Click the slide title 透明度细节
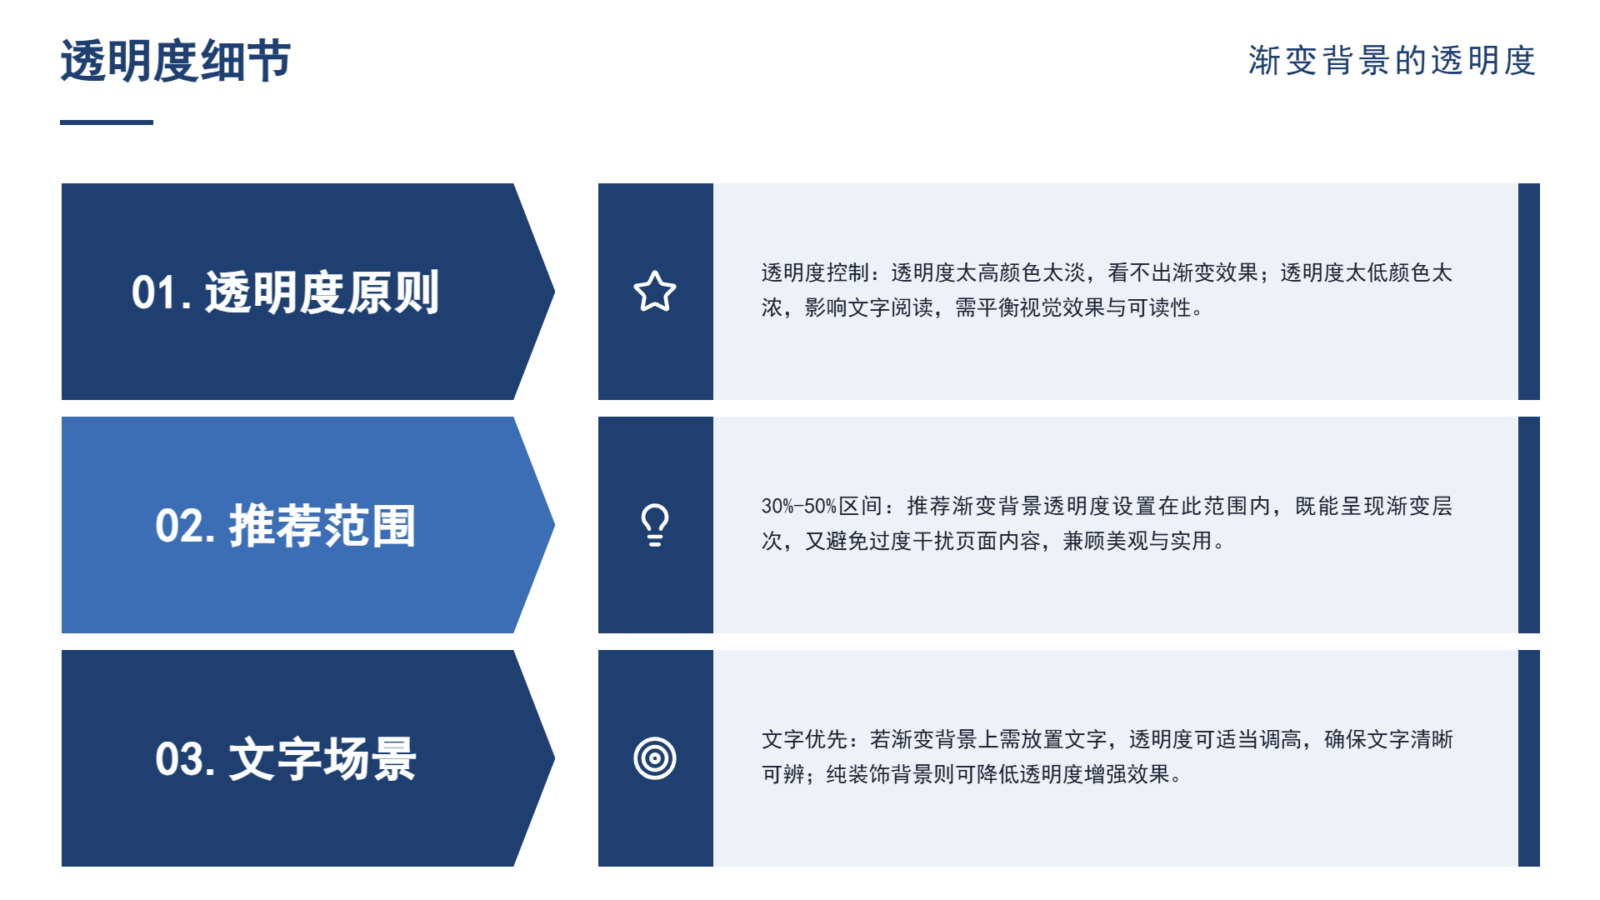[x=176, y=61]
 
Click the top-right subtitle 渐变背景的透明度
[x=1392, y=61]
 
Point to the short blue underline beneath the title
[x=107, y=122]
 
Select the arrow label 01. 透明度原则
[x=285, y=292]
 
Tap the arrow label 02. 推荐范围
[x=285, y=526]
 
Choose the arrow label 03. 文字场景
[x=285, y=759]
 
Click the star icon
[x=655, y=292]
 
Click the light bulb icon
[x=655, y=525]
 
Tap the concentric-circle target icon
[x=655, y=758]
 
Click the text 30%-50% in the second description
[x=798, y=506]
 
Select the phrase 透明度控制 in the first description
[x=814, y=272]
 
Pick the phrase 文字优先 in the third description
[x=804, y=739]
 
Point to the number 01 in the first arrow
[x=154, y=293]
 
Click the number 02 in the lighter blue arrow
[x=179, y=527]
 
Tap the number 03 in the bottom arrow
[x=179, y=760]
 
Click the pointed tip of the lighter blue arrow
[x=554, y=525]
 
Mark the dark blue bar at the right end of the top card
[x=1529, y=292]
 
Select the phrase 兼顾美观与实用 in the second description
[x=1137, y=541]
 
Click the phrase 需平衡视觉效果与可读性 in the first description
[x=1073, y=307]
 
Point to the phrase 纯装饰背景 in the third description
[x=879, y=774]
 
